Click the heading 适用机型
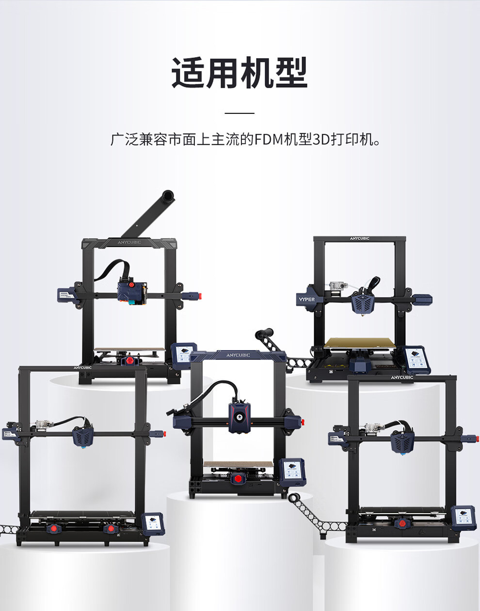(x=240, y=73)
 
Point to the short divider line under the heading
(x=240, y=113)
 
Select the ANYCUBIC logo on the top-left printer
(x=129, y=242)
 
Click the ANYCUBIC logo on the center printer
(x=238, y=355)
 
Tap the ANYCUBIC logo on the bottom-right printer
(x=402, y=377)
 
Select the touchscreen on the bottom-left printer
(x=153, y=524)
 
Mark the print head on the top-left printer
(x=132, y=293)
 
